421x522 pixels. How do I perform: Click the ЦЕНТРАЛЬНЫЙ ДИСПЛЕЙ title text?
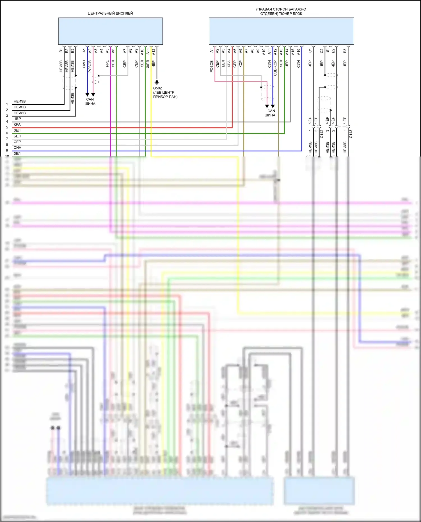[x=110, y=13]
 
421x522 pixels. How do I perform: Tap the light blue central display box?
[x=110, y=31]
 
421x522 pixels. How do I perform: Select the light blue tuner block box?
[x=281, y=31]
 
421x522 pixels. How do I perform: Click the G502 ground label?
[x=157, y=88]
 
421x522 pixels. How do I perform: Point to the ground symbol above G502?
[x=157, y=82]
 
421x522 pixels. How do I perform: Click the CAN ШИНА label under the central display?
[x=90, y=102]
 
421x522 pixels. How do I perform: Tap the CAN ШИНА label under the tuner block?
[x=270, y=113]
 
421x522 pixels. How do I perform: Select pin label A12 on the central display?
[x=154, y=52]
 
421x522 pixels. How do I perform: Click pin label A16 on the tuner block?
[x=299, y=52]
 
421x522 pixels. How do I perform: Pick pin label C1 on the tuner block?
[x=310, y=50]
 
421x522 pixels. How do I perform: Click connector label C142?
[x=322, y=134]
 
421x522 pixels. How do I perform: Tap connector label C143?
[x=351, y=134]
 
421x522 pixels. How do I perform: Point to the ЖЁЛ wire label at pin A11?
[x=148, y=64]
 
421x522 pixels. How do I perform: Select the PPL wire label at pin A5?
[x=107, y=64]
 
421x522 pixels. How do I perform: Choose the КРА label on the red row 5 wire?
[x=17, y=125]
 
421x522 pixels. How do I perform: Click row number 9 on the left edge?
[x=7, y=151]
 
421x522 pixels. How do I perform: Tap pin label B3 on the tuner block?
[x=345, y=51]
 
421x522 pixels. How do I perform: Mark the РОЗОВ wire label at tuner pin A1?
[x=212, y=66]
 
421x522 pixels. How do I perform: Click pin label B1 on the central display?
[x=61, y=51]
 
